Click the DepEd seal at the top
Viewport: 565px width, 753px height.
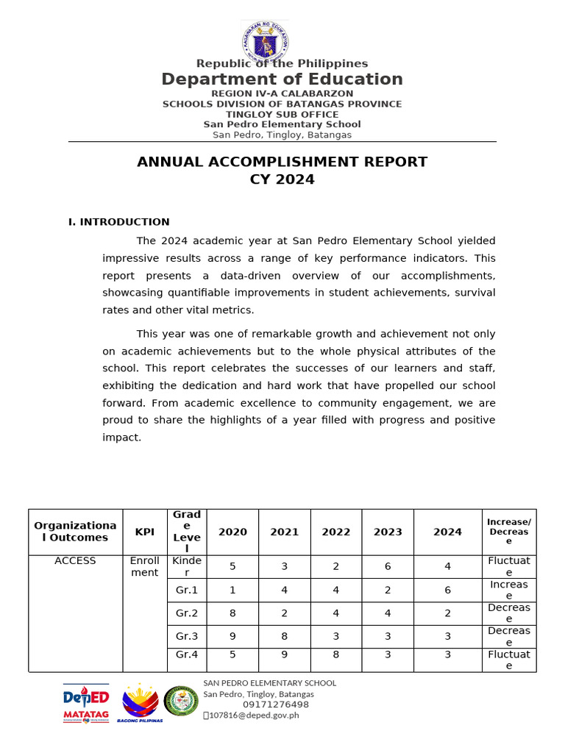[265, 42]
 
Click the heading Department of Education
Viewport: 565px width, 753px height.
[282, 79]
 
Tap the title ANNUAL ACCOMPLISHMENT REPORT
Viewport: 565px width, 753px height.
[282, 162]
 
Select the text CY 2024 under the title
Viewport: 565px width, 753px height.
[282, 179]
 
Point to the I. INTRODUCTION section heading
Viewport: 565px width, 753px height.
[119, 222]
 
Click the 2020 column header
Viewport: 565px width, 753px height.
[232, 532]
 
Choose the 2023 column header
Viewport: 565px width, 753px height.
[388, 532]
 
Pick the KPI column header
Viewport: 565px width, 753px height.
[145, 532]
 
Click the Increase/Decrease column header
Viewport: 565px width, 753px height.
[508, 532]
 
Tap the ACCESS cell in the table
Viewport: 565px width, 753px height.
[75, 560]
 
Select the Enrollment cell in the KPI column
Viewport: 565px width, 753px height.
[145, 566]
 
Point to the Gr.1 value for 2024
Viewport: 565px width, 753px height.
[447, 590]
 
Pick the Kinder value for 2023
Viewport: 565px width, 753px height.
[388, 567]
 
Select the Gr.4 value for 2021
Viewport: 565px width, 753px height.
[285, 654]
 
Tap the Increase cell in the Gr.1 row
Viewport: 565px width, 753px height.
[508, 590]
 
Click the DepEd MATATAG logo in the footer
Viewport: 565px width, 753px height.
[86, 704]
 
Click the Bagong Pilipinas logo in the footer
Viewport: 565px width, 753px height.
[140, 704]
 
